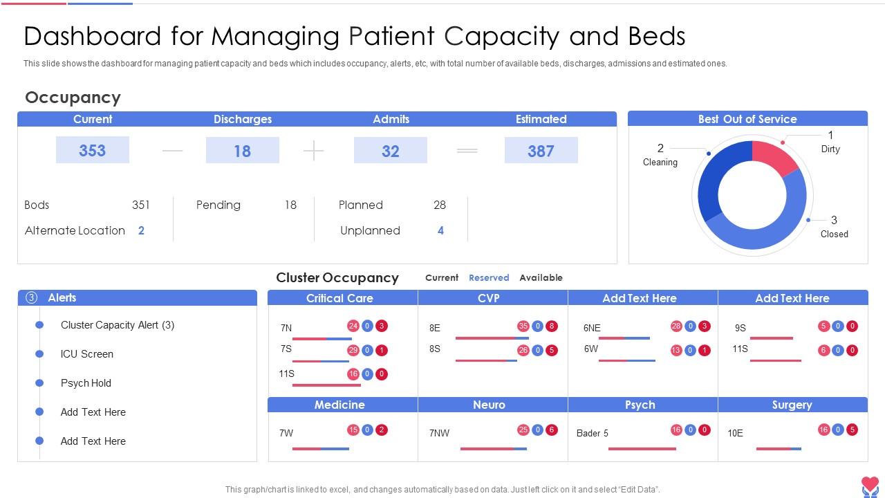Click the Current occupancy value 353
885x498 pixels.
(92, 150)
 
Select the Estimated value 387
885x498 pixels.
(541, 150)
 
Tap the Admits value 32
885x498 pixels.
(391, 150)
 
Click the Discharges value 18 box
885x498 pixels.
(242, 150)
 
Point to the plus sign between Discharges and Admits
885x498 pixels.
(313, 150)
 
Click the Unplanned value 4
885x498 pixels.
(440, 230)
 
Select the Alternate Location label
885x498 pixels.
(75, 230)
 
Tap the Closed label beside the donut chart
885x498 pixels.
(834, 234)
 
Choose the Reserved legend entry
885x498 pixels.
(489, 277)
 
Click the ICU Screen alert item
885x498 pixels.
(87, 353)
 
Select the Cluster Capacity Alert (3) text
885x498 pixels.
(118, 324)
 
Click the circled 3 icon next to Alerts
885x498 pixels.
(31, 297)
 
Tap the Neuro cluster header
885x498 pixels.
(489, 405)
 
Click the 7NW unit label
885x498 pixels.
(439, 433)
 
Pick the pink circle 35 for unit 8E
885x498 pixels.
(523, 326)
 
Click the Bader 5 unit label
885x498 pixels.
(593, 433)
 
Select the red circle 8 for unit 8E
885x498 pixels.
(552, 326)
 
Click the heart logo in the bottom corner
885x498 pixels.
(870, 486)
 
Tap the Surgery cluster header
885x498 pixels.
(792, 405)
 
